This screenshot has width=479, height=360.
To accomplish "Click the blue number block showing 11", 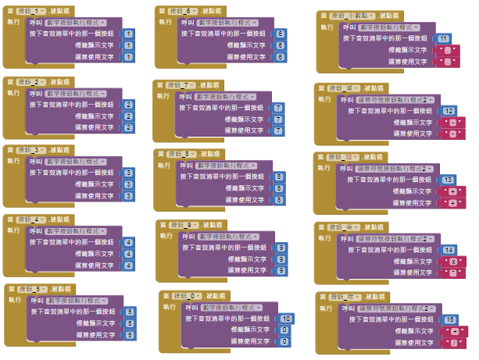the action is click(443, 38).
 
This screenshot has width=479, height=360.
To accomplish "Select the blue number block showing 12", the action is click(449, 112).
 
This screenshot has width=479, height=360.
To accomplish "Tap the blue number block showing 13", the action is click(449, 180).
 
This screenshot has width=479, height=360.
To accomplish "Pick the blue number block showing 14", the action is click(449, 250).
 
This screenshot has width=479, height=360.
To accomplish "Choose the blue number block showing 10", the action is click(286, 319).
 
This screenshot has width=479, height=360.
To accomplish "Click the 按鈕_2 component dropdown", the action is click(32, 81).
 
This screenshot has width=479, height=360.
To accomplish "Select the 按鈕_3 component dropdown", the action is click(32, 150).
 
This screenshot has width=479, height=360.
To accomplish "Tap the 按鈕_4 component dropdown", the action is click(32, 219).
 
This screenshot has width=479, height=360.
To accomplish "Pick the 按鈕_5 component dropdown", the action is click(35, 289).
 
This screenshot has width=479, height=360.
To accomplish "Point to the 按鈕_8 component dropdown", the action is click(184, 154).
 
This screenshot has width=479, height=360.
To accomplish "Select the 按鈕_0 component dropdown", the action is click(187, 296).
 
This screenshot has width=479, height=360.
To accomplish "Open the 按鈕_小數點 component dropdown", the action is click(352, 16).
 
